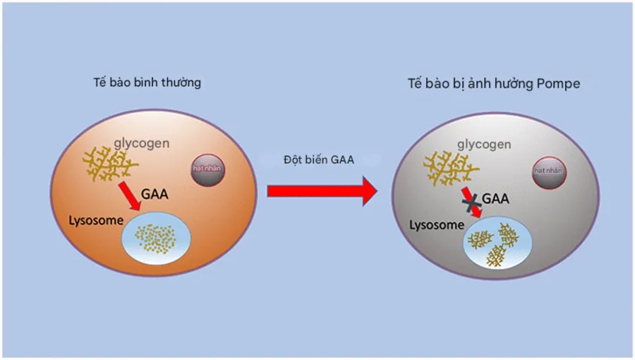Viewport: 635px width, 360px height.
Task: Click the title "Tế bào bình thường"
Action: (147, 83)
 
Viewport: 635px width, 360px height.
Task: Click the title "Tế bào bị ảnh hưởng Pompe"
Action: (494, 83)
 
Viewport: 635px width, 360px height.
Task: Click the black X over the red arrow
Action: (471, 202)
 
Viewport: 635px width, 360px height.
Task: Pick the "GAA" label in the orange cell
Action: (155, 193)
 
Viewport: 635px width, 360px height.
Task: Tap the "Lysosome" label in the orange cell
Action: (92, 219)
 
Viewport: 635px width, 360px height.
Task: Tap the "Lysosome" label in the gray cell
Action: (437, 226)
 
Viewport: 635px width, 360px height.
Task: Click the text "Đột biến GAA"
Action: (319, 160)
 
